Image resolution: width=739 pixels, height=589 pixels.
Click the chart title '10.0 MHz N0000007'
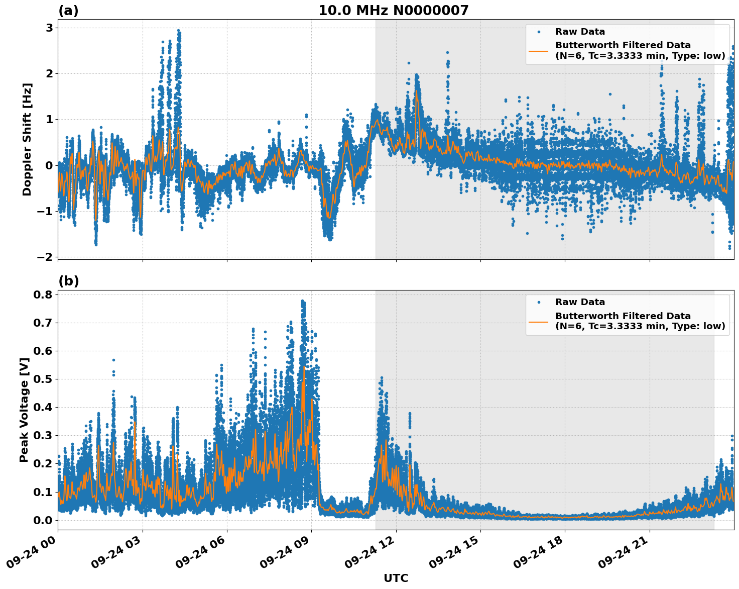[393, 11]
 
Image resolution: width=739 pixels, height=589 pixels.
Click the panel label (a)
[68, 11]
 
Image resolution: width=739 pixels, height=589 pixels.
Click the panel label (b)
[68, 281]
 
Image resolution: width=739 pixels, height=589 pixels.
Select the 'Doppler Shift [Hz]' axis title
[27, 139]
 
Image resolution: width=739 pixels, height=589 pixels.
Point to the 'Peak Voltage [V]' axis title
[24, 410]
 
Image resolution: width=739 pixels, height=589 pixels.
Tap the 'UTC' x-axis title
[396, 578]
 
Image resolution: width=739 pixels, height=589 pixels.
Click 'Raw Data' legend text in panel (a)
[580, 32]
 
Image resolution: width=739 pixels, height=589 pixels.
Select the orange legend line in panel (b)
[538, 321]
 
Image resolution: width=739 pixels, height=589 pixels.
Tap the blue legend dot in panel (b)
[538, 302]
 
